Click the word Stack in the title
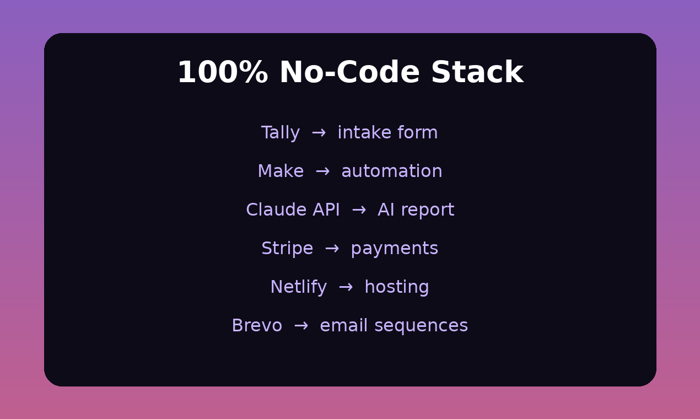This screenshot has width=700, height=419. [477, 72]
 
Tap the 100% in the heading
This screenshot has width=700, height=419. [223, 72]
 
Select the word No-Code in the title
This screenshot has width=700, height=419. [349, 72]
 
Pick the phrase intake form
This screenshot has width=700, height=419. [388, 132]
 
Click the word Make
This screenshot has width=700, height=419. [281, 171]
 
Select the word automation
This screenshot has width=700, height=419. [392, 171]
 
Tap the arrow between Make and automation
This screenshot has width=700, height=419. [322, 171]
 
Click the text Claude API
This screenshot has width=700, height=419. [293, 209]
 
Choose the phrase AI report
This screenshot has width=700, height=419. [416, 210]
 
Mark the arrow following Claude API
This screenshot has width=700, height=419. [359, 210]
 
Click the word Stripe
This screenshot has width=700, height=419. [287, 249]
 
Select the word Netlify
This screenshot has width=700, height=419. [298, 287]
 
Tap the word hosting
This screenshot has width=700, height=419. [397, 287]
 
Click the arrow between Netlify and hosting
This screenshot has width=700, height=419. [346, 287]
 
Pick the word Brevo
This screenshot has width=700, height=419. [257, 325]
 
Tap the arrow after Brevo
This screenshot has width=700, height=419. [301, 325]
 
